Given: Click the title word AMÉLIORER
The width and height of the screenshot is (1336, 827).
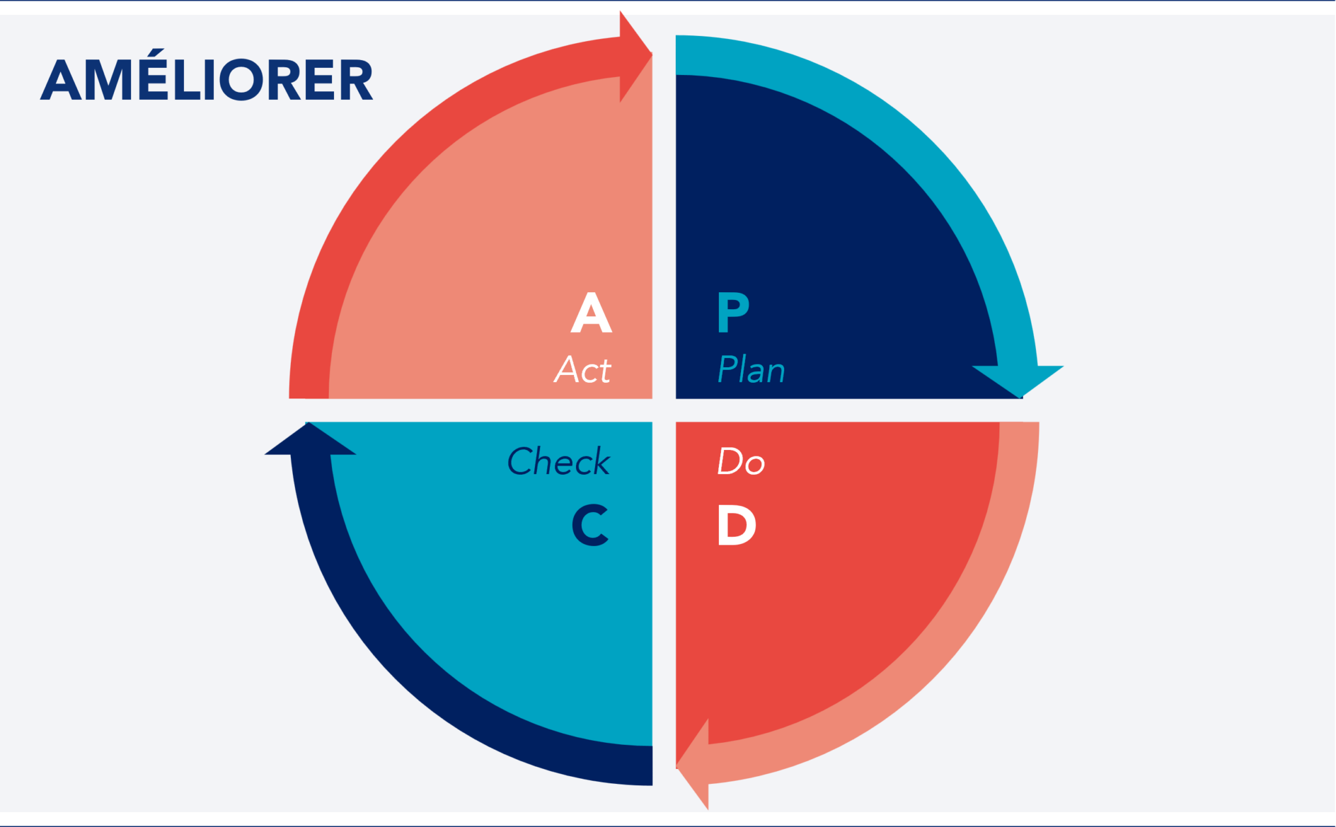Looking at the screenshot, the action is point(206,80).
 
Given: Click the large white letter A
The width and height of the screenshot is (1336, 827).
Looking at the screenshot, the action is point(591,313).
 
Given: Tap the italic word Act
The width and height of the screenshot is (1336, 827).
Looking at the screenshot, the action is point(583,370).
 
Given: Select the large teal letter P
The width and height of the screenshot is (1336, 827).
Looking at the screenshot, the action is point(733,313).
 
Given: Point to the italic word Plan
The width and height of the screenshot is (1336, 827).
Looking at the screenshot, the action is point(751,370).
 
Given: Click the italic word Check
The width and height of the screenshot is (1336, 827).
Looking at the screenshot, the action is point(558,462).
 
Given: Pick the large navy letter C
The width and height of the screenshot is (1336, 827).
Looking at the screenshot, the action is point(590,525).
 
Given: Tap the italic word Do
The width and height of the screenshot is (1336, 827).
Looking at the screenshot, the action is point(740,462).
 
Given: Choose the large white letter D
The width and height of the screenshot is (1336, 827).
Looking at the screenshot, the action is point(736,525).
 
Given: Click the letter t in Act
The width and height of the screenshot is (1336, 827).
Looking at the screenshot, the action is point(603,370).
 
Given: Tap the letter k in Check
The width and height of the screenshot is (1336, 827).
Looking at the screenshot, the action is point(598,462).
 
